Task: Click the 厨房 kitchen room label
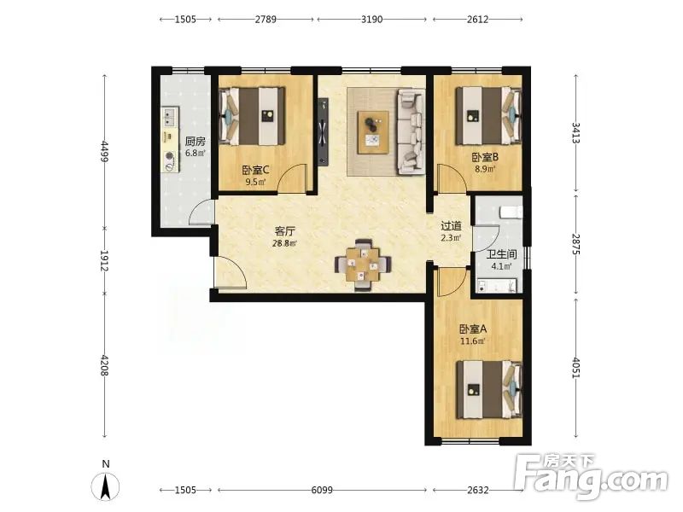tap(196, 142)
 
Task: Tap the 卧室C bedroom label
tap(256, 170)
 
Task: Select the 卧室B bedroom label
tap(485, 157)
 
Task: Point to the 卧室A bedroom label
tap(473, 329)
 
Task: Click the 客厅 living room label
tap(285, 231)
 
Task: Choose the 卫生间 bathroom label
tap(501, 254)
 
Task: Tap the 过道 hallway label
tap(452, 226)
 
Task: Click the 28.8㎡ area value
tap(285, 243)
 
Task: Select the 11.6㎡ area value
tap(473, 341)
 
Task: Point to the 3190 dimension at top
tap(372, 19)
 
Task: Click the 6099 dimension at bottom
tap(322, 490)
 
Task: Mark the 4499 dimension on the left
tap(104, 151)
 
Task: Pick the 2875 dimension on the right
tap(575, 244)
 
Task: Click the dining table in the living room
tap(363, 265)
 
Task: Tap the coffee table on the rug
tap(373, 132)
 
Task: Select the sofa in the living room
tap(411, 132)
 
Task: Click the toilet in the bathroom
tap(511, 212)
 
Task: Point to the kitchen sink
tap(169, 116)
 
